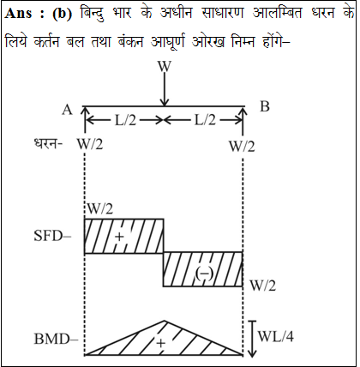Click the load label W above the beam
coord(165,66)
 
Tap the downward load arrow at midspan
coord(165,90)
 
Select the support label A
coord(68,110)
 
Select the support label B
coord(265,106)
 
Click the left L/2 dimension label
coord(125,121)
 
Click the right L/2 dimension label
coord(205,120)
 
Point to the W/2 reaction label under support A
coord(90,144)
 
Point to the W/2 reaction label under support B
coord(242,147)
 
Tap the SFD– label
coord(52,236)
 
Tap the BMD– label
coord(56,340)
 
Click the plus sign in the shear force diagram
coord(120,237)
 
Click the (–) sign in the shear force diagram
coord(204,274)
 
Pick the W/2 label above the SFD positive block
coord(100,209)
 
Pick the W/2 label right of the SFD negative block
coord(263,286)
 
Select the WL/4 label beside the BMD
coord(276,336)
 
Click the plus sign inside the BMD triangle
coord(161,343)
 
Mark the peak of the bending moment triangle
coord(165,321)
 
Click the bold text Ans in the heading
coord(18,13)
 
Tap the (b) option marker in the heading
coord(63,14)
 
